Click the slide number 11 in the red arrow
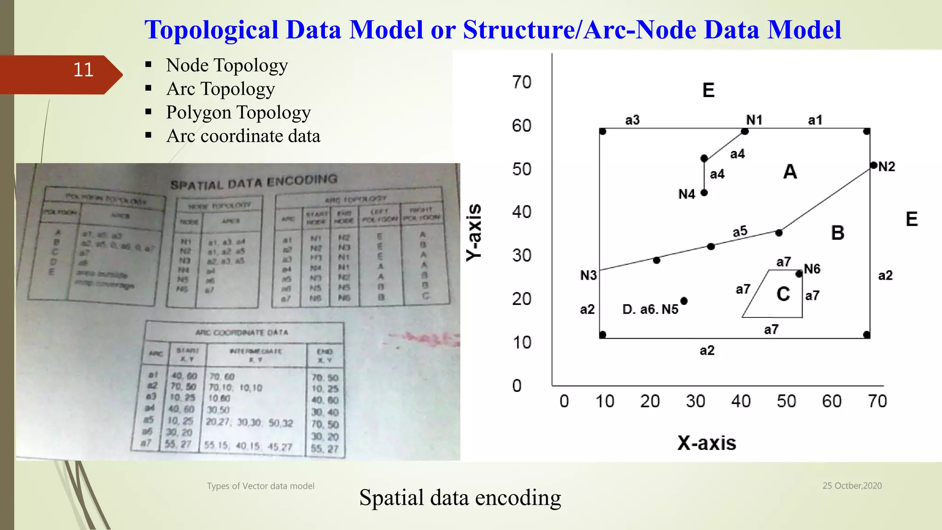83,70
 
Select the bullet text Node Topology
227,66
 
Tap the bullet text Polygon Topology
238,113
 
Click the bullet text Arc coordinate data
243,136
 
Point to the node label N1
754,120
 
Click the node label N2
886,167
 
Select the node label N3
588,275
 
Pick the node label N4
686,194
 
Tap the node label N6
812,269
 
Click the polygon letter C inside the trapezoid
783,294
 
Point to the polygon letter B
837,233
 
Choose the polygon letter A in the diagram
790,172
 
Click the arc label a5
740,231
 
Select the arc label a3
632,120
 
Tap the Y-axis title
474,232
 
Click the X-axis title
706,443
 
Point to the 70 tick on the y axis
522,82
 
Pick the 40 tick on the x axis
741,401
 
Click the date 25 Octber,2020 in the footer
852,486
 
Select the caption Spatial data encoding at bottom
460,498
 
